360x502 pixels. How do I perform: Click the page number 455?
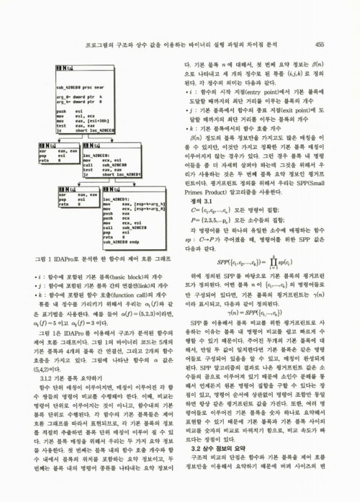coord(318,44)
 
